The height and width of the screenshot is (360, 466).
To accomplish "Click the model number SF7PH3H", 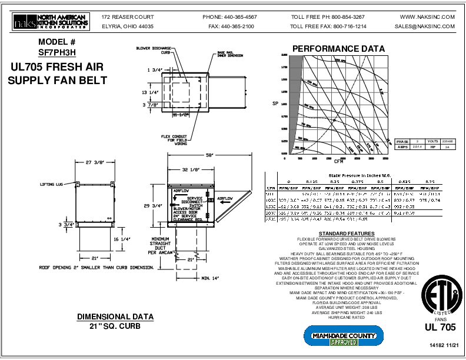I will point(57,52).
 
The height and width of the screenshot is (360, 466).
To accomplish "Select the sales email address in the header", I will point(425,26).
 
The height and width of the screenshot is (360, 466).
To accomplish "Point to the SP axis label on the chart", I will point(274,104).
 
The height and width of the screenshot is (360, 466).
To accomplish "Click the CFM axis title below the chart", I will point(339,161).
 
